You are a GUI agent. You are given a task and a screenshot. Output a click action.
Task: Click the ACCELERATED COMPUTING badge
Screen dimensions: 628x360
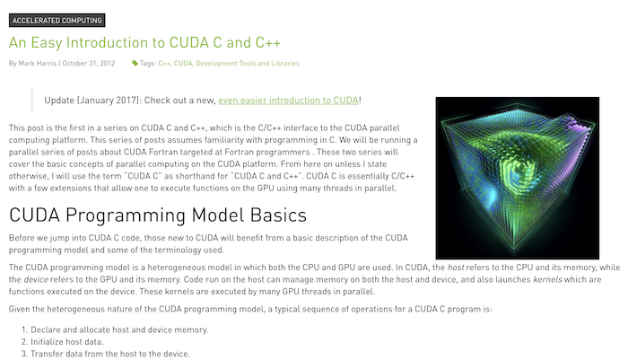[x=57, y=21]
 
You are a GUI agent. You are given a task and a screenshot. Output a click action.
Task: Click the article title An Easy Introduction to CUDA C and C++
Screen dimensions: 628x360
[x=144, y=43]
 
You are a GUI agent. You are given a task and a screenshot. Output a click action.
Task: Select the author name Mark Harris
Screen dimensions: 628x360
[x=38, y=64]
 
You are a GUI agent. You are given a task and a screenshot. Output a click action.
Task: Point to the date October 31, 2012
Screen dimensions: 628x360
[x=89, y=64]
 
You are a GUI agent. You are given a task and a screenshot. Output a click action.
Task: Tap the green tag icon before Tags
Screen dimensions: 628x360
[x=135, y=63]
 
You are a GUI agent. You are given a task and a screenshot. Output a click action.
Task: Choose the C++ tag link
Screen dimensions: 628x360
[x=164, y=64]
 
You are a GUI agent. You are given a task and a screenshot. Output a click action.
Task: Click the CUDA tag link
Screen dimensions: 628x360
[x=183, y=64]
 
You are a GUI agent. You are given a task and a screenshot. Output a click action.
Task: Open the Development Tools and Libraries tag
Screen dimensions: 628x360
[x=248, y=64]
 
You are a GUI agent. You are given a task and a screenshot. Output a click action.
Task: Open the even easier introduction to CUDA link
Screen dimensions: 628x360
[x=288, y=101]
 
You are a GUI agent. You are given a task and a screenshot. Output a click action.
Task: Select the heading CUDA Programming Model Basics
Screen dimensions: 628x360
[x=158, y=215]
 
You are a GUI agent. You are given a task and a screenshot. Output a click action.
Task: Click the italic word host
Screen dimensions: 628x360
[x=456, y=268]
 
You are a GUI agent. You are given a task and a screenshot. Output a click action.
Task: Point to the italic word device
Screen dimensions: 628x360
[x=36, y=279]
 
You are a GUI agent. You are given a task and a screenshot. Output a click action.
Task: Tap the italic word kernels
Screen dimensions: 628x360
[x=547, y=279]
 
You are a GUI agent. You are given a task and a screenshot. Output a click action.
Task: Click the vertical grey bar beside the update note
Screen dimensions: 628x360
[x=32, y=101]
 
